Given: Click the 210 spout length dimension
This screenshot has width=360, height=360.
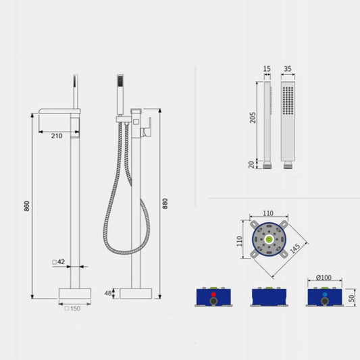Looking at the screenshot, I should click(56, 136).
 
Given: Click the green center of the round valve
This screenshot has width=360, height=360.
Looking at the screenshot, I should click(269, 238).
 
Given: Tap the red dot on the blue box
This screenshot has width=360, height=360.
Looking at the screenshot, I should click(213, 295).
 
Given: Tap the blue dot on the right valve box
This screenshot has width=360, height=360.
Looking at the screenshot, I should click(325, 295).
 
